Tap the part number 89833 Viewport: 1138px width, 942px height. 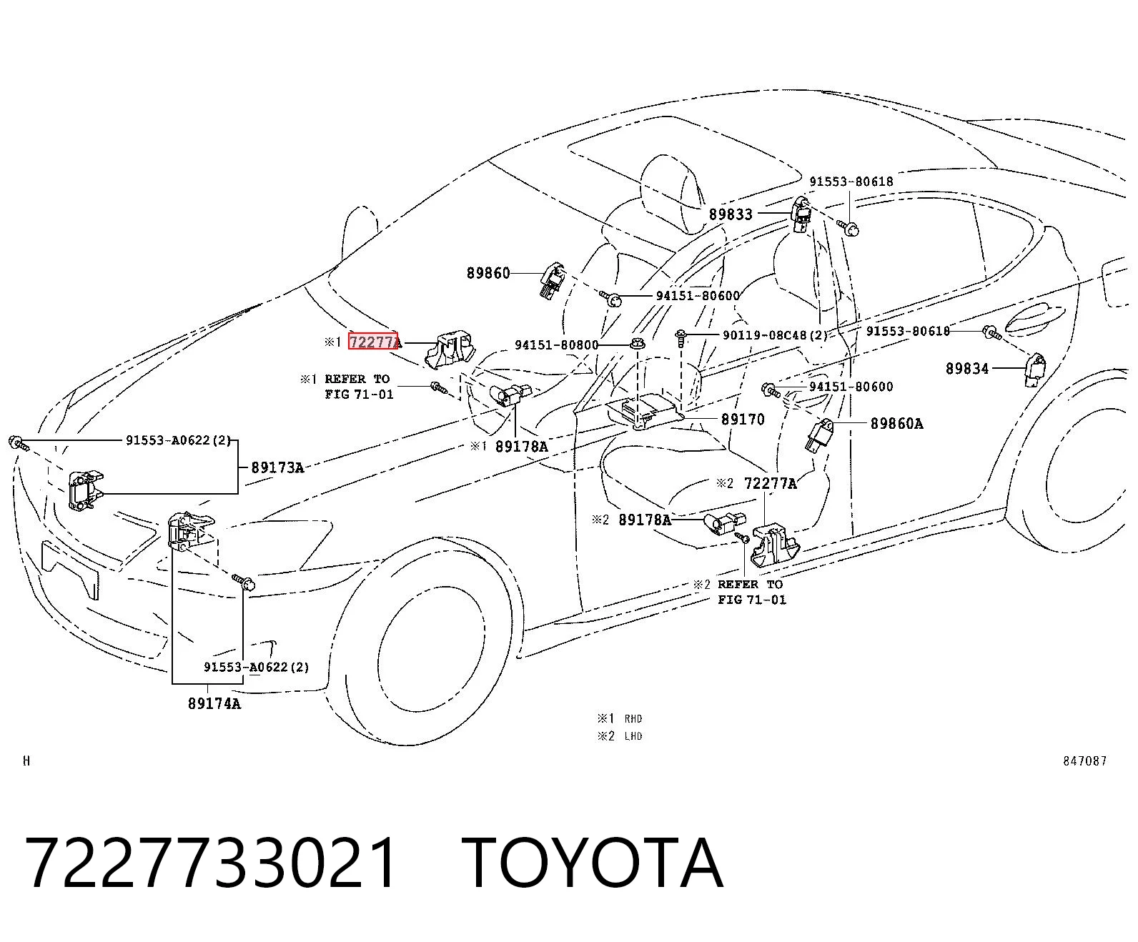pyautogui.click(x=731, y=214)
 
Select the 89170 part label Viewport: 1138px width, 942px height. pyautogui.click(x=743, y=420)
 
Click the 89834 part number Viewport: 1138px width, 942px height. pyautogui.click(x=967, y=369)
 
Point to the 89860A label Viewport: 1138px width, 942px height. pyautogui.click(x=896, y=424)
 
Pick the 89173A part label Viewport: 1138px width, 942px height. pyautogui.click(x=277, y=467)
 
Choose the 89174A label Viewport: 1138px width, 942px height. pyautogui.click(x=214, y=704)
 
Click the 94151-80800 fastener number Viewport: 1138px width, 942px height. pyautogui.click(x=556, y=345)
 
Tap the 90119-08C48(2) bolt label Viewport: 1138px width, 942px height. pyautogui.click(x=775, y=334)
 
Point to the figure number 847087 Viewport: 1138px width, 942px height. pyautogui.click(x=1084, y=761)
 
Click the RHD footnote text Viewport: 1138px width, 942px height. pyautogui.click(x=633, y=718)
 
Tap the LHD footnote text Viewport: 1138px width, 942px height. pyautogui.click(x=633, y=736)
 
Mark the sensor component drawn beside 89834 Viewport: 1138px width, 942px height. pyautogui.click(x=1036, y=370)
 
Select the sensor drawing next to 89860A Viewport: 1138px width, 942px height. pyautogui.click(x=818, y=435)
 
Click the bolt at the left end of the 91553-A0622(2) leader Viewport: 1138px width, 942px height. pyautogui.click(x=18, y=442)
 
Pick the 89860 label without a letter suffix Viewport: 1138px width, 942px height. pyautogui.click(x=488, y=273)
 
